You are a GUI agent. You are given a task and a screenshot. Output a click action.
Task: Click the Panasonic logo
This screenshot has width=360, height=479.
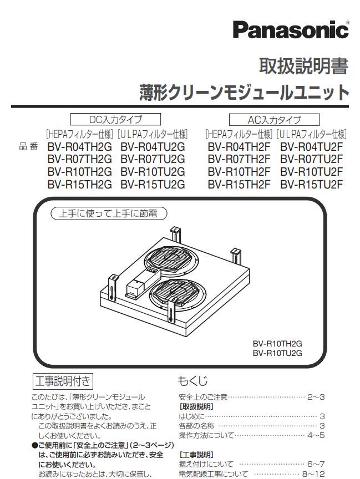[x=291, y=29]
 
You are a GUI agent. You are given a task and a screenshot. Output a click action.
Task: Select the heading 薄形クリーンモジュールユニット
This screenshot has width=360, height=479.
[x=244, y=92]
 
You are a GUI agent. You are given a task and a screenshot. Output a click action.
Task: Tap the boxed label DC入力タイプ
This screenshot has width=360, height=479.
[x=115, y=119]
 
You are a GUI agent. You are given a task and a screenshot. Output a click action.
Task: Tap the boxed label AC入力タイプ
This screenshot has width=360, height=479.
[x=274, y=119]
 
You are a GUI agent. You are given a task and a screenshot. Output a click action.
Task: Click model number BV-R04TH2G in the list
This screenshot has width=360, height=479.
[x=79, y=147]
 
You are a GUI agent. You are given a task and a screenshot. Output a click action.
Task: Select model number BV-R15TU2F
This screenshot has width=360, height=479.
[x=312, y=184]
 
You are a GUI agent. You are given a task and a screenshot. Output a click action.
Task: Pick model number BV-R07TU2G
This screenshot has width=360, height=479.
[x=153, y=159]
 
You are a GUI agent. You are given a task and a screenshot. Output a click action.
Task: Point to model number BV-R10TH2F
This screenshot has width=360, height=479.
[x=239, y=172]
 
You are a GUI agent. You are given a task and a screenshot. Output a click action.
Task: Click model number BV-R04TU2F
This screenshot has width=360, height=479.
[x=312, y=147]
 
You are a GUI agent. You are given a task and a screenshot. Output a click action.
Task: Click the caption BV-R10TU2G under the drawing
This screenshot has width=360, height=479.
[x=277, y=352]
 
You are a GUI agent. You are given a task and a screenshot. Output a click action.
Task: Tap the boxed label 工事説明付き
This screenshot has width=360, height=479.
[x=60, y=381]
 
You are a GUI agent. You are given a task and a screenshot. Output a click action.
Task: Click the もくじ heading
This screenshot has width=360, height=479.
[x=192, y=381]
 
